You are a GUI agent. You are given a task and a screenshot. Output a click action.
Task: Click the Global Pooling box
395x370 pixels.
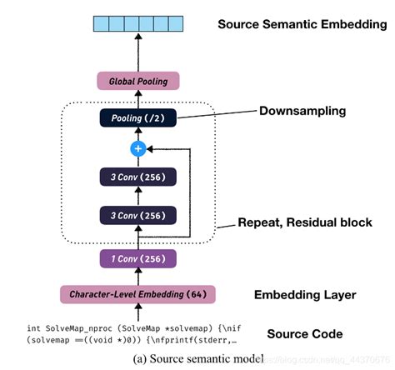click(x=138, y=81)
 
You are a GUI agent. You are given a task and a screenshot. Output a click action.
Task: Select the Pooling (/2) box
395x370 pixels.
click(x=138, y=119)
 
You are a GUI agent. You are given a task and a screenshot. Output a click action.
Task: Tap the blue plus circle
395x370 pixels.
click(x=138, y=149)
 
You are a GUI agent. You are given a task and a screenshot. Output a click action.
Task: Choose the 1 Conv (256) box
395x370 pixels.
click(x=138, y=257)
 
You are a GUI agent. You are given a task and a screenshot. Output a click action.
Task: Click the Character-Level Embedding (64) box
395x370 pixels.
click(x=138, y=294)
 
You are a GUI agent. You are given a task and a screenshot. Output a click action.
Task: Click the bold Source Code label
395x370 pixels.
click(x=304, y=334)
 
